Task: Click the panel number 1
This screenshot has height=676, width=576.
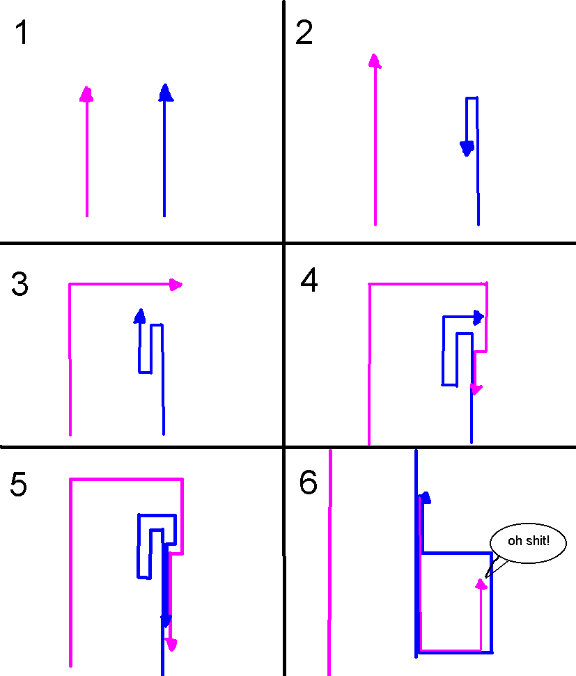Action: coord(22,33)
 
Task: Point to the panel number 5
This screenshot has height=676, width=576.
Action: coord(19,485)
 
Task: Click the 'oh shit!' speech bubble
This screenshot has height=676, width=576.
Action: coord(528,541)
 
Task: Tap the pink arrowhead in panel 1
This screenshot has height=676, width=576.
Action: coord(86,95)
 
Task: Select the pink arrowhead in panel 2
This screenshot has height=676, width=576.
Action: coord(375,61)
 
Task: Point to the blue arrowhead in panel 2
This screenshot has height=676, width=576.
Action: coord(467,148)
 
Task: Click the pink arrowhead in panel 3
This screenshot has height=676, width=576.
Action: coord(176,284)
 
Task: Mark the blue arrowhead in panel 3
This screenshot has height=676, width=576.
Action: coord(140,316)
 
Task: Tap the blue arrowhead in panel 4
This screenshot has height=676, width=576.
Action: coord(478,317)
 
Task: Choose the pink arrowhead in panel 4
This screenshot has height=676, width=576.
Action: coord(475,388)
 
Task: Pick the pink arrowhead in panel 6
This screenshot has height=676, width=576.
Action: coord(481,583)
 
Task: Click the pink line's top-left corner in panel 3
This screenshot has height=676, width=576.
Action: coord(70,284)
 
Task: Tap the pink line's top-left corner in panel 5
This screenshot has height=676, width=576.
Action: coord(71,479)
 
